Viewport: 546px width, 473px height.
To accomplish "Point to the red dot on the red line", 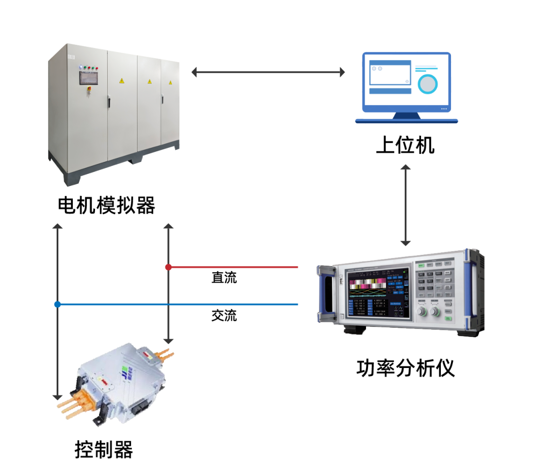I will click(x=168, y=267).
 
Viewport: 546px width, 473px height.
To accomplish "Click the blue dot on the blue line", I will click(x=58, y=304).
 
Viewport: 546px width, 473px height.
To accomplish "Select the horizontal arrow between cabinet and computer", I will click(x=268, y=72).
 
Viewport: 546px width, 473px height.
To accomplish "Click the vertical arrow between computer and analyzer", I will click(x=405, y=205).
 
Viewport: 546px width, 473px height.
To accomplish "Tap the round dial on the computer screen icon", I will click(x=428, y=84).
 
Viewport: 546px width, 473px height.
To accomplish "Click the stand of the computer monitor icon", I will click(x=406, y=116).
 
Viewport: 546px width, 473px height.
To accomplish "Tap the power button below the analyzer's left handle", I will click(x=342, y=317).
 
